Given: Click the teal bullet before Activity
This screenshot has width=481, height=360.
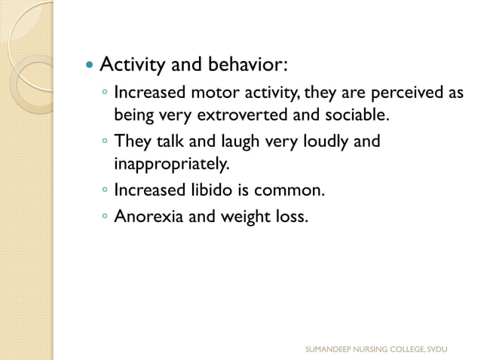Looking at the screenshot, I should pos(88,66).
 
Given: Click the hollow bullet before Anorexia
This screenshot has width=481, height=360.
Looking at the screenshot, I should pos(104,216).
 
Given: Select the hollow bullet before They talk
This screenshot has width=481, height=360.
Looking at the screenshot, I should pos(104,142).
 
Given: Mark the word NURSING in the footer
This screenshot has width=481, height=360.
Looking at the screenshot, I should pos(374,349).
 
